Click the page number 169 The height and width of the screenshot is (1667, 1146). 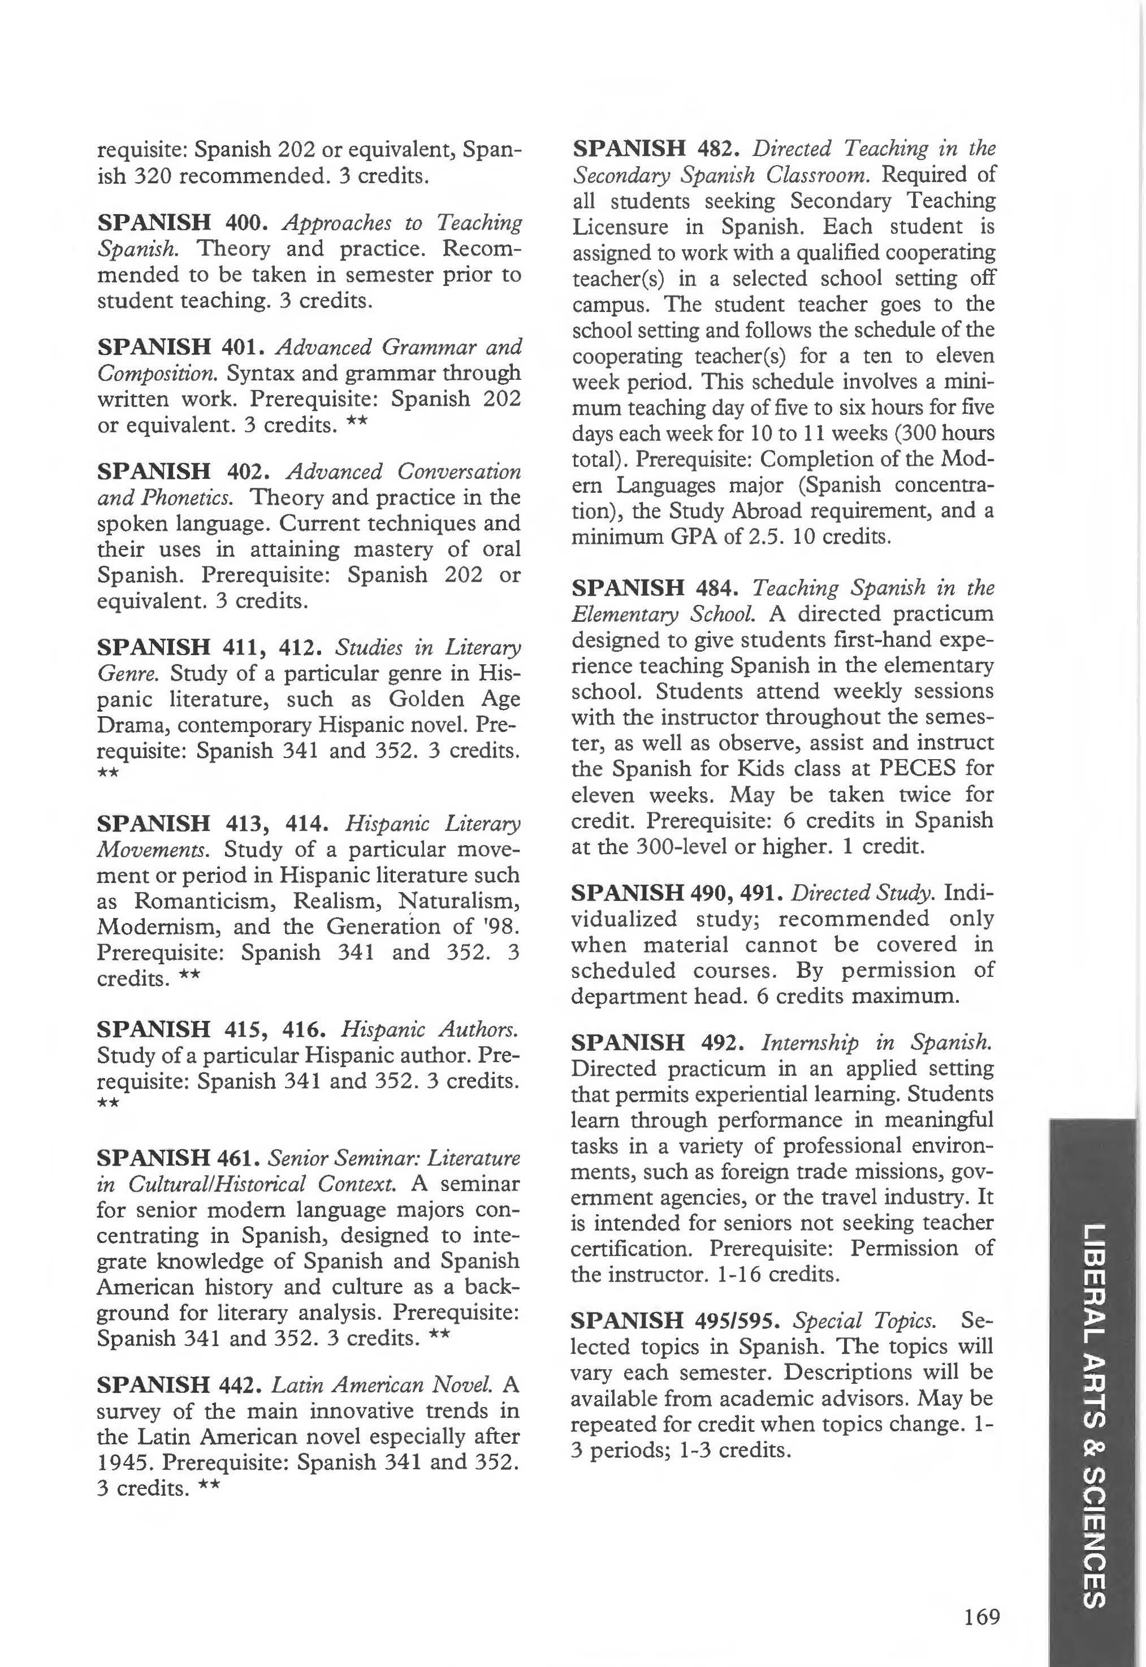click(981, 1616)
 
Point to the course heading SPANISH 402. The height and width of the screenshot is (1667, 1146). click(183, 471)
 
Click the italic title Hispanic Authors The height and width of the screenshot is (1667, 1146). click(429, 1029)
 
